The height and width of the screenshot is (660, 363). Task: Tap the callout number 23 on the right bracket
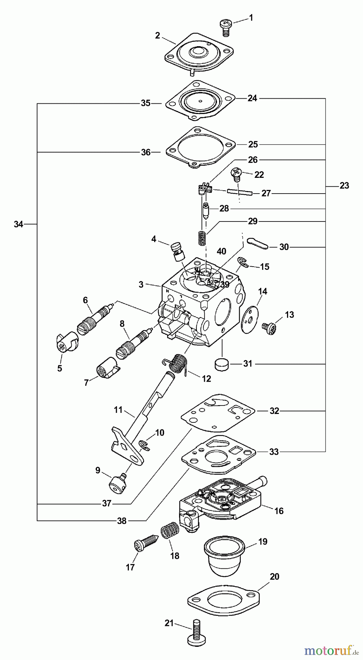344,186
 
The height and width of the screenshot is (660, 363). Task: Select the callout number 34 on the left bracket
18,224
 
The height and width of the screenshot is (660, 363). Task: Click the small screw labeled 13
268,325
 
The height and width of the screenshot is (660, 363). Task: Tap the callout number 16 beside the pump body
279,510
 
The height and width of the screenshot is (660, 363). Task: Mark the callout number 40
221,251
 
